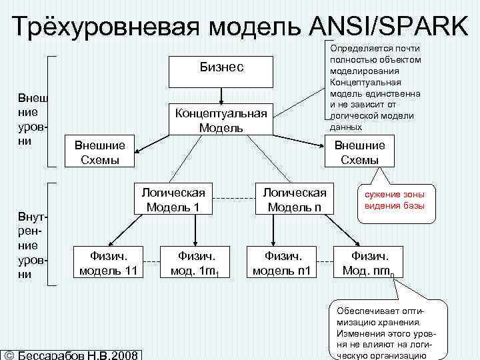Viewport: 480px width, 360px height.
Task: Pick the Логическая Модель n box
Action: (294, 199)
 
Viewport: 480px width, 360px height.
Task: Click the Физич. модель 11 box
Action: (109, 263)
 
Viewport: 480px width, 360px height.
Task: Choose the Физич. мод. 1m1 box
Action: (194, 263)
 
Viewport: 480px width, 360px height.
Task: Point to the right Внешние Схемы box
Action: (359, 152)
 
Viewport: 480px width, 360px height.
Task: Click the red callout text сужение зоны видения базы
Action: (399, 199)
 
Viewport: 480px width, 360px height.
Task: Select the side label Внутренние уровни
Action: (33, 244)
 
